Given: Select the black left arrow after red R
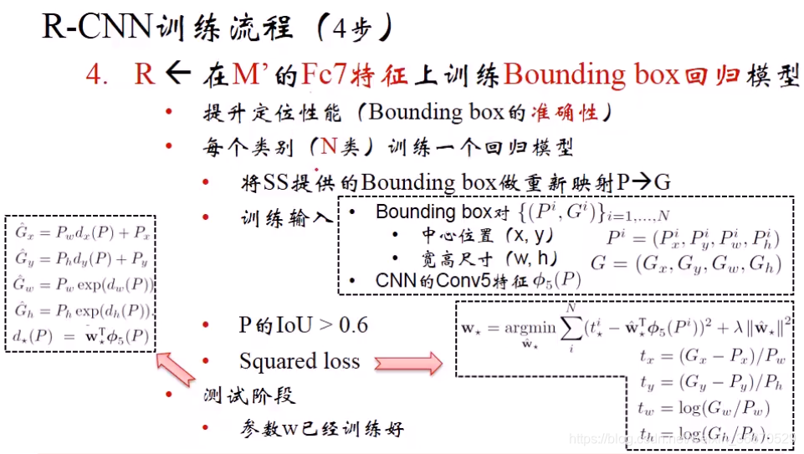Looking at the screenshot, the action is pos(178,74).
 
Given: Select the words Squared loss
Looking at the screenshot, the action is pos(299,361).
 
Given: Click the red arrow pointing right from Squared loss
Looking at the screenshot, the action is pos(407,362).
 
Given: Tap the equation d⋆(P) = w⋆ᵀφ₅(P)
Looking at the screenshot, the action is pos(80,339).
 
